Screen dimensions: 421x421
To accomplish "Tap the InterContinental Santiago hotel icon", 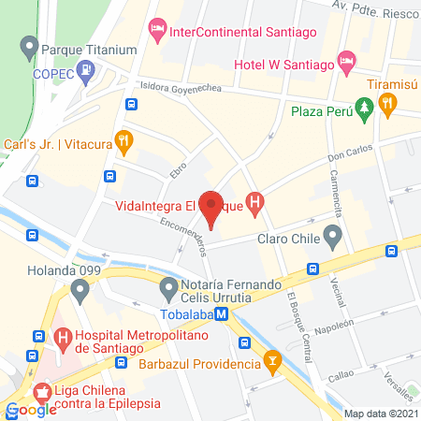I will (x=157, y=30).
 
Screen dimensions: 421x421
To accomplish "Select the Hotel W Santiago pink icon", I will (x=347, y=64).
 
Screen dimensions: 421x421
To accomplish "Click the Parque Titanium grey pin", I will (x=30, y=46).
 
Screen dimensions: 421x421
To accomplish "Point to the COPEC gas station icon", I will (x=86, y=68).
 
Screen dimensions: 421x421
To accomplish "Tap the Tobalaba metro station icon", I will (x=221, y=315).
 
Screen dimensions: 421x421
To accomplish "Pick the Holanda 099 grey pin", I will (x=80, y=291).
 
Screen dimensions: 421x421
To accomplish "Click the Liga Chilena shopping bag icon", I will (x=42, y=394).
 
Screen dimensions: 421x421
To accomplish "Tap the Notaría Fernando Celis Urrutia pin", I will (x=169, y=287).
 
